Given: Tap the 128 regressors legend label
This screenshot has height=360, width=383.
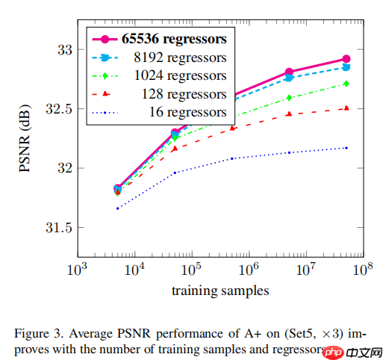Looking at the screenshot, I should tap(183, 94).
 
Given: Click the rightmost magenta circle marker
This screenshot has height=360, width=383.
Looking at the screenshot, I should tap(346, 59).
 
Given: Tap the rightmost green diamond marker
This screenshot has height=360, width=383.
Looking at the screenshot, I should tap(346, 84).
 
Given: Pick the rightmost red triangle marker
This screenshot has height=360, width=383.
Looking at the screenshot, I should tap(346, 108).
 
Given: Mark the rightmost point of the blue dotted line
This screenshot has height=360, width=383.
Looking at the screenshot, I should tap(346, 148).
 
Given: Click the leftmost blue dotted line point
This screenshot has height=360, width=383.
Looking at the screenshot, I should tap(118, 208).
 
